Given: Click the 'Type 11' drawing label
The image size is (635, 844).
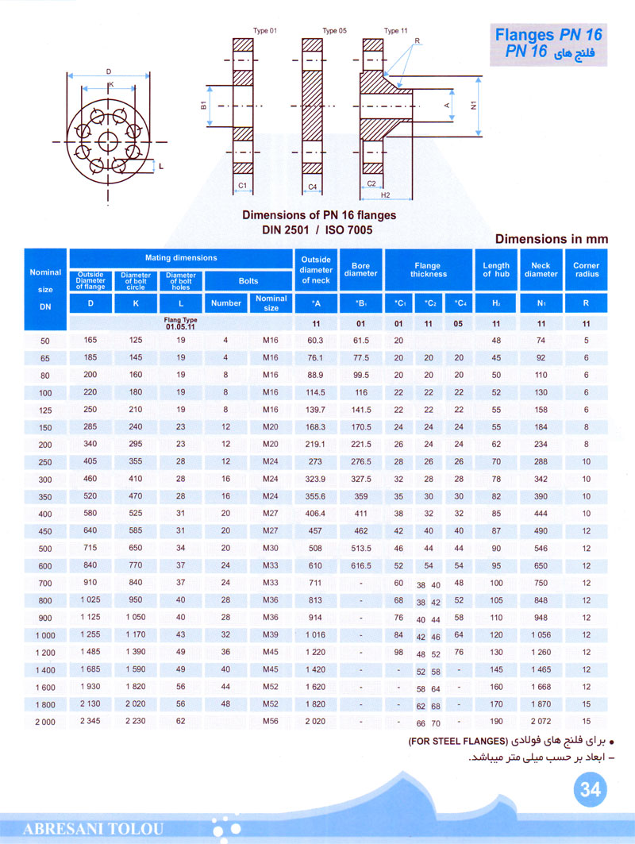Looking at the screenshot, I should [396, 31].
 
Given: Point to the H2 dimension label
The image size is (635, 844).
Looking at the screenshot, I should [385, 195].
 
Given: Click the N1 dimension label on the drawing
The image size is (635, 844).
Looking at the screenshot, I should [473, 104].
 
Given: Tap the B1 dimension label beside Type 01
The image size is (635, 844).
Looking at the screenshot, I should [203, 105].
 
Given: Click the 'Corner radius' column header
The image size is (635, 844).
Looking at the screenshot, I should [586, 270].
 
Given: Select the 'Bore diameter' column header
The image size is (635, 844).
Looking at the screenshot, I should [360, 270].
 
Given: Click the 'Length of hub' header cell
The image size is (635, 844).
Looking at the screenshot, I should [496, 270].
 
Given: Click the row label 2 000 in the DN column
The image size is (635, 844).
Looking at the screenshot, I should [45, 722].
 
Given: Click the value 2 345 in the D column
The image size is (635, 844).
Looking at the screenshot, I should [90, 722].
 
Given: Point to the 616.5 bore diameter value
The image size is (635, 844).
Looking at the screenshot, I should [360, 565].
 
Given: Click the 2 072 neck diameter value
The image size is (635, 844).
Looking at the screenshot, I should [541, 722].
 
